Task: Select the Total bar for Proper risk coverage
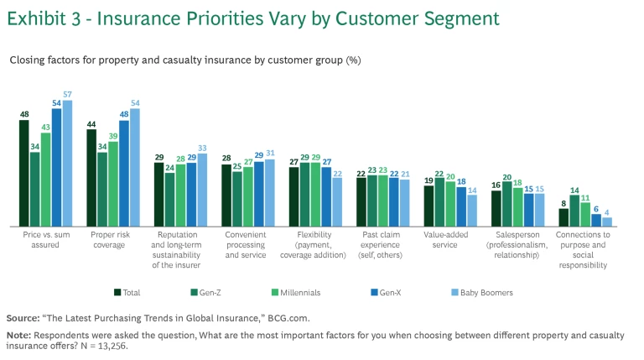click(x=91, y=178)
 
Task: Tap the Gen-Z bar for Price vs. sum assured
click(x=35, y=189)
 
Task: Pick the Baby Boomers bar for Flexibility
click(x=337, y=201)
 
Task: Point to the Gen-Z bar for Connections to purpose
click(x=574, y=211)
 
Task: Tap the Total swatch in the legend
click(x=117, y=292)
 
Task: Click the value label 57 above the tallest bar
click(x=67, y=95)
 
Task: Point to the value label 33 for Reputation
click(x=202, y=148)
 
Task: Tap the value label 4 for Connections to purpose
click(x=606, y=212)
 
